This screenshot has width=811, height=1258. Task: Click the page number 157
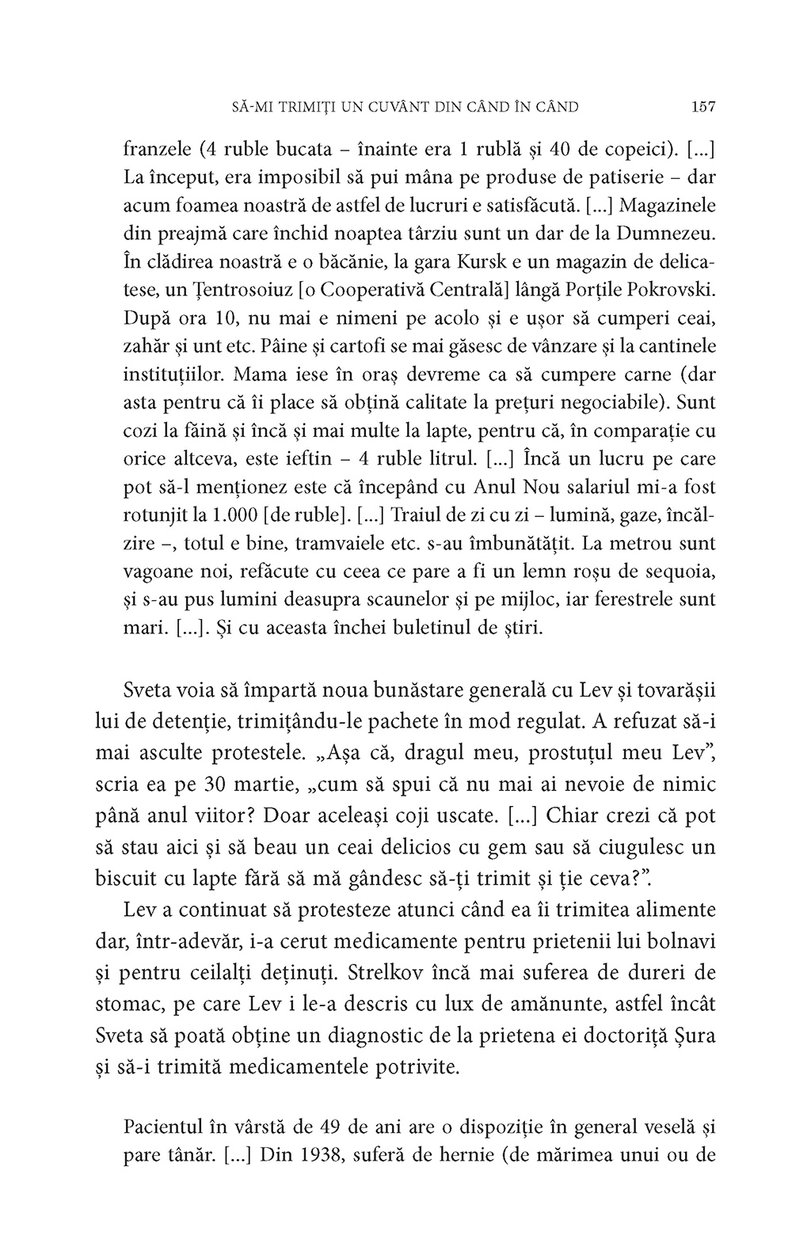pyautogui.click(x=702, y=106)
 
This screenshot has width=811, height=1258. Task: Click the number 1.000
pyautogui.click(x=230, y=515)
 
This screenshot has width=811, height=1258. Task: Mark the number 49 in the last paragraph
pyautogui.click(x=336, y=1126)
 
